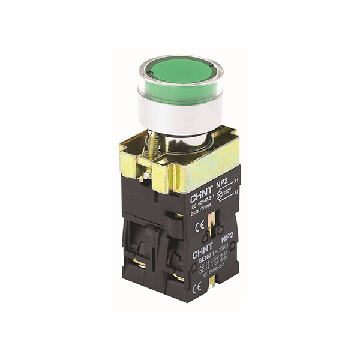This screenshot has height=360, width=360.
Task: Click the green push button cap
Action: (x=180, y=74)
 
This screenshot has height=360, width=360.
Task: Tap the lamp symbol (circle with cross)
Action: (x=220, y=195)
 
